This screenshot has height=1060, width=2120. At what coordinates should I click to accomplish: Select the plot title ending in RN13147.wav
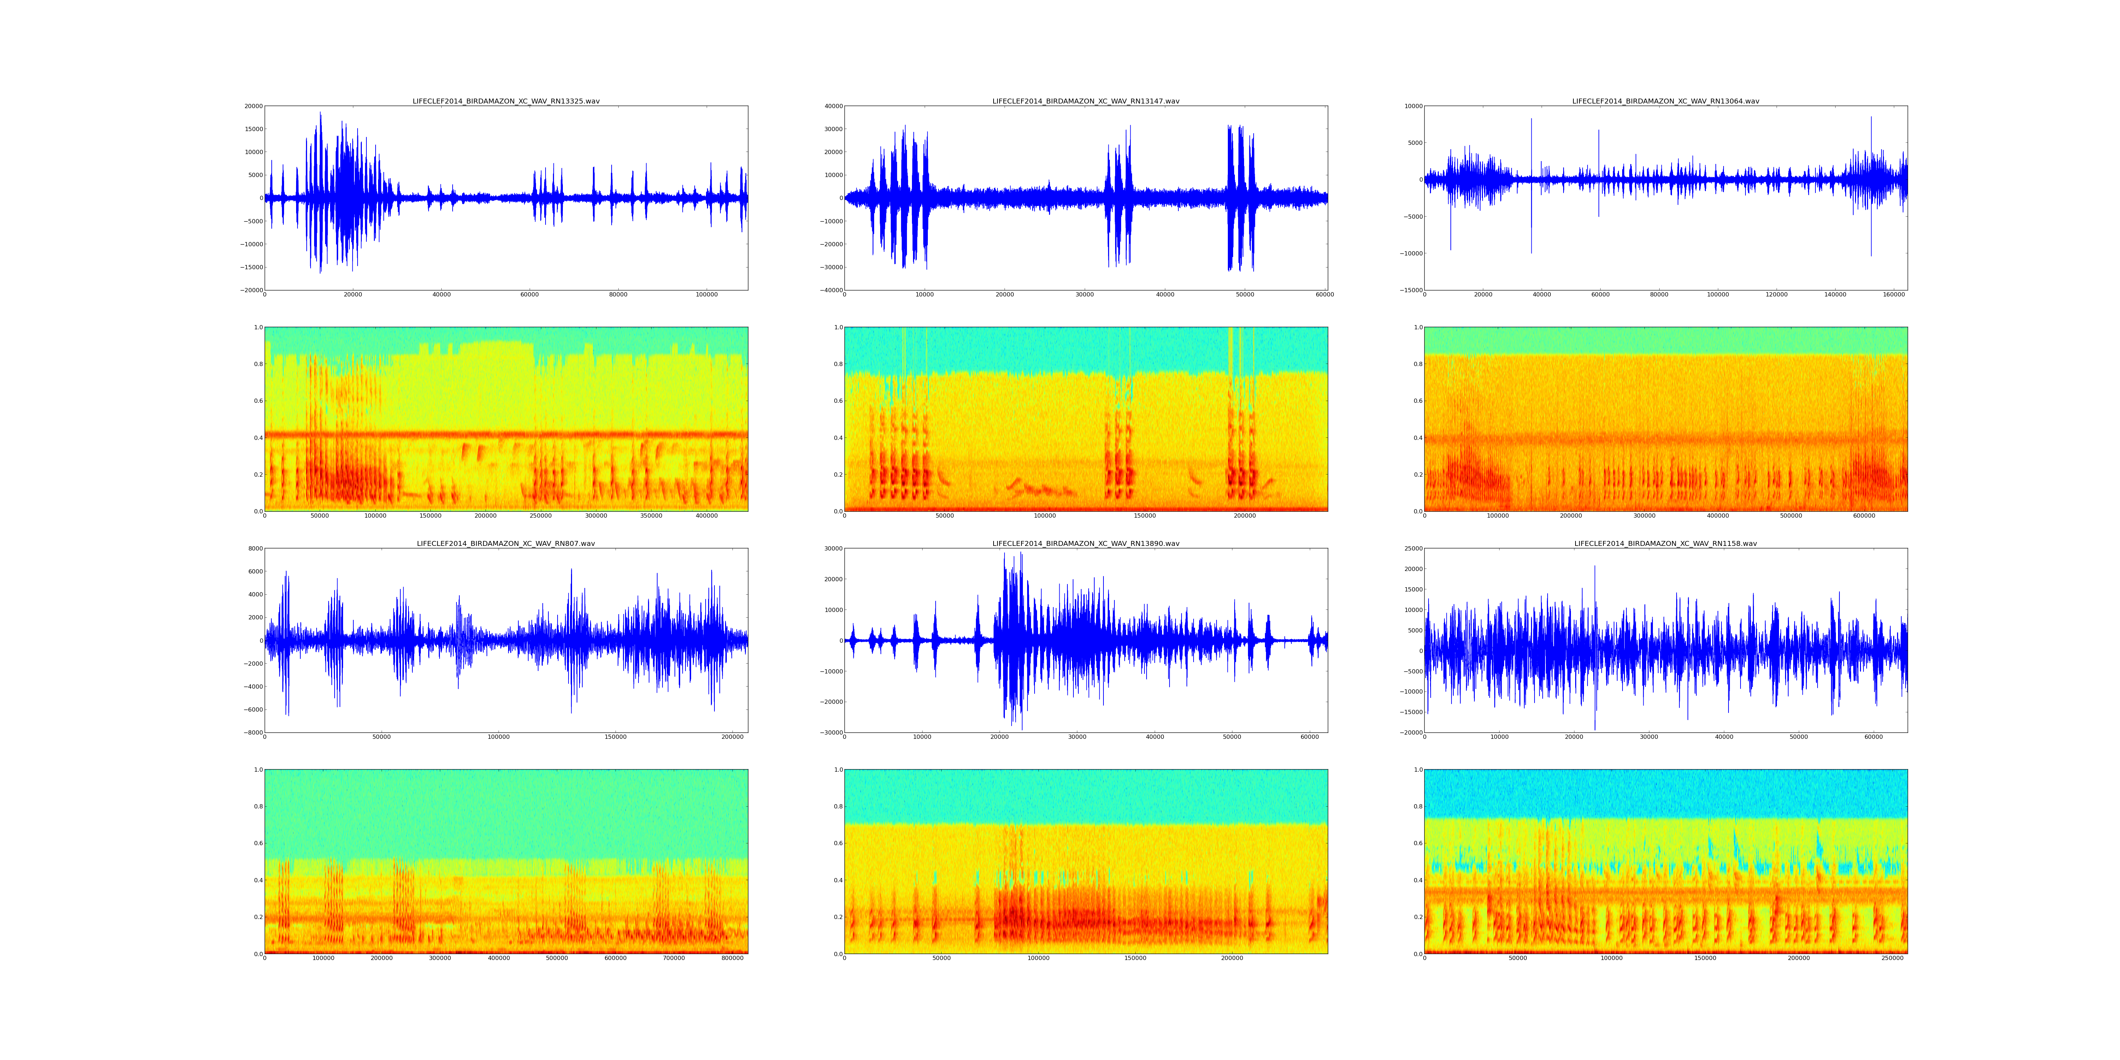point(1085,101)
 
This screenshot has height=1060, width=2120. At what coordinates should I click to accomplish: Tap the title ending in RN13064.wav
point(1666,101)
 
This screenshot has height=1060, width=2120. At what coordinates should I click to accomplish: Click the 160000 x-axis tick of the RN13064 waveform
point(1895,295)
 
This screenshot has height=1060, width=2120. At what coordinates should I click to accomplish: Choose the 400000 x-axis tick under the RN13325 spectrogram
point(707,516)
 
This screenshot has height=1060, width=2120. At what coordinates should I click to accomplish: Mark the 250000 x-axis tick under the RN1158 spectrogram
point(1893,958)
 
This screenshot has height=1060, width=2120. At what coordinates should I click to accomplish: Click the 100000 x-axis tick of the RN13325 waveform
point(706,295)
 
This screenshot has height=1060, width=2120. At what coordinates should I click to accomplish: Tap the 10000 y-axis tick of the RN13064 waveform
point(1412,106)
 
